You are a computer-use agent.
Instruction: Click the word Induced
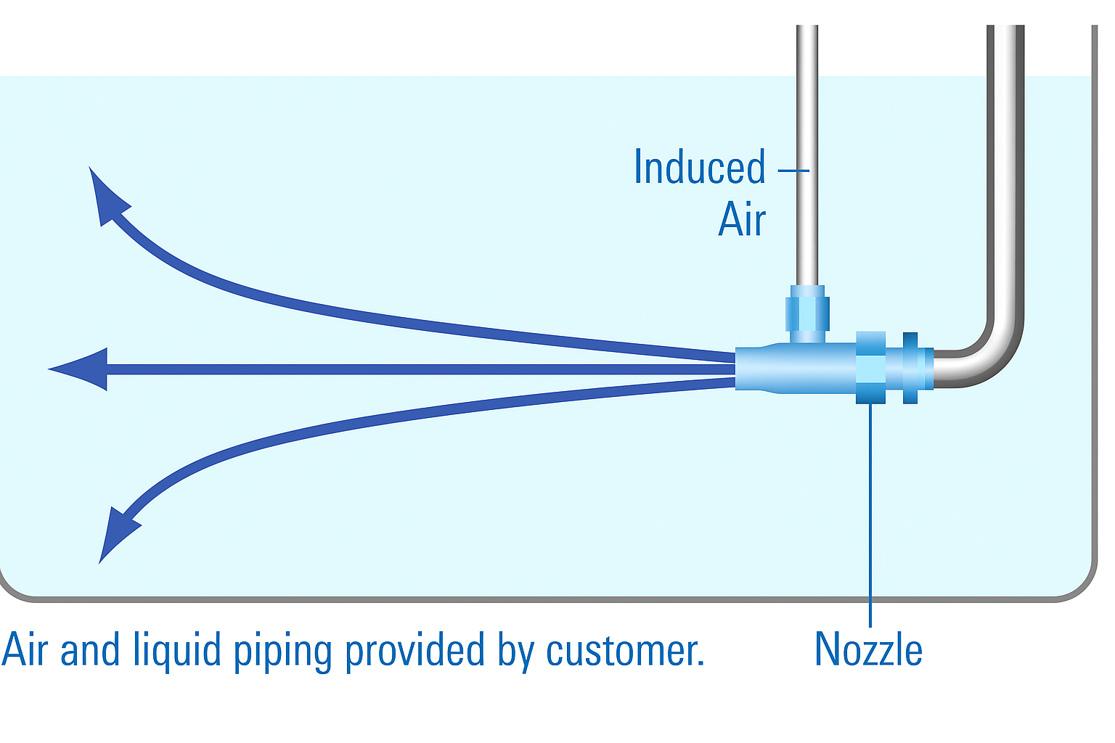pos(699,168)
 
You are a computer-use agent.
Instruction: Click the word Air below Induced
pos(742,219)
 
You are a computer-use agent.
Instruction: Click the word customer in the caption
pos(624,650)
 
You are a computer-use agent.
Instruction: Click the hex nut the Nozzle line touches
pos(870,368)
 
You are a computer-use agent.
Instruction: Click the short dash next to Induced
pos(793,171)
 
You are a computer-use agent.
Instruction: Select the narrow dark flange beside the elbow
pos(910,368)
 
